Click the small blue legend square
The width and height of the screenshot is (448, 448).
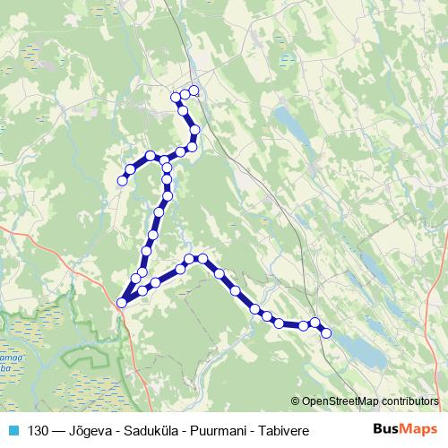pyautogui.click(x=13, y=430)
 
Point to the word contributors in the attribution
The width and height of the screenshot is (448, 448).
pyautogui.click(x=409, y=401)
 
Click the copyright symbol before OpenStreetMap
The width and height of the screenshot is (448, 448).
pyautogui.click(x=296, y=401)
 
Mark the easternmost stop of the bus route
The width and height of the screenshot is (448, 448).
pyautogui.click(x=326, y=333)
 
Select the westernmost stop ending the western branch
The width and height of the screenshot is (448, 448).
pyautogui.click(x=122, y=181)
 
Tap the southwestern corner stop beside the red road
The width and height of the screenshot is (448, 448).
pyautogui.click(x=121, y=302)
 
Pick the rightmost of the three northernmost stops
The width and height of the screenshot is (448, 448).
pyautogui.click(x=194, y=90)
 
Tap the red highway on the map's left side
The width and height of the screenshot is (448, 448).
pyautogui.click(x=36, y=242)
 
